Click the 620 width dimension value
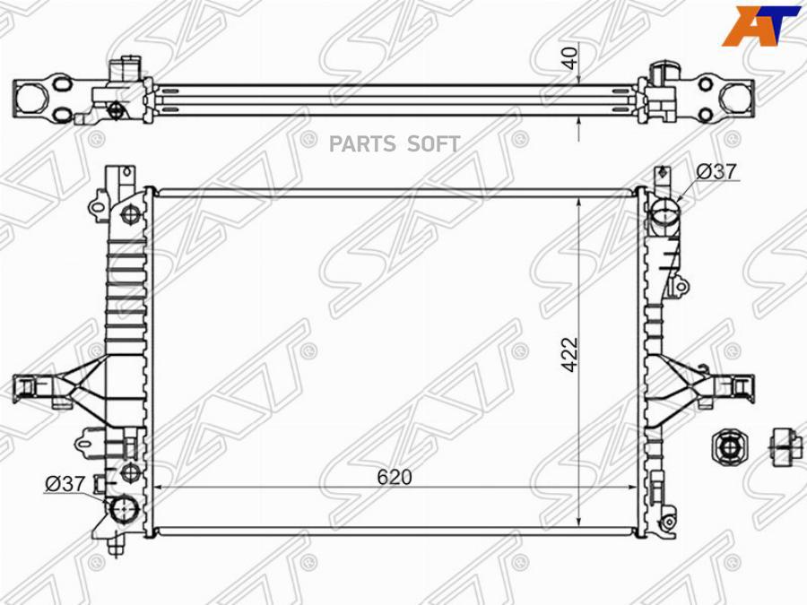click(x=395, y=478)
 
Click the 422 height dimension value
click(x=571, y=354)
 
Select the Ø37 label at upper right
click(x=716, y=171)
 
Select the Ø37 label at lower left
click(x=65, y=484)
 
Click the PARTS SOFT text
click(x=395, y=144)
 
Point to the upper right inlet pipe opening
click(x=665, y=213)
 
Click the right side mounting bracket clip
click(x=738, y=385)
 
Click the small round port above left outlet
click(x=129, y=472)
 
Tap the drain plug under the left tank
click(x=114, y=543)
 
